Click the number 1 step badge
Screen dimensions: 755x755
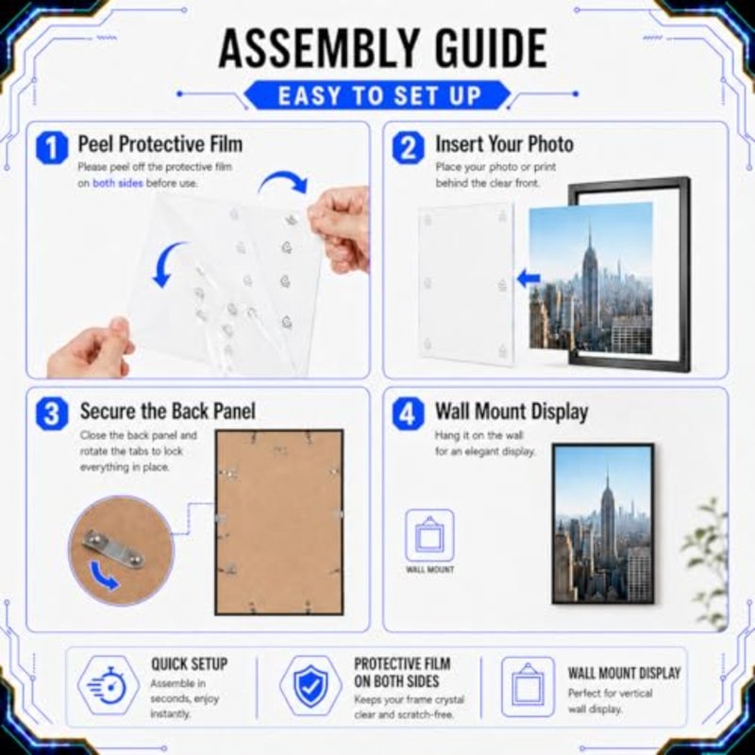coord(52,148)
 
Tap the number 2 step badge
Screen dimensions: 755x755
coord(409,148)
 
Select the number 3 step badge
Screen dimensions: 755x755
coord(52,414)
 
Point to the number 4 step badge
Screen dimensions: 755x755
coord(409,414)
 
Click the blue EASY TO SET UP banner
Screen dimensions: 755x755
coord(378,95)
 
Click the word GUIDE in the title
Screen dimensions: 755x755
coord(490,48)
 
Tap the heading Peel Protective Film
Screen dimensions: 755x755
coord(160,144)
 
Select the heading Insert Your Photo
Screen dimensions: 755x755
coord(504,144)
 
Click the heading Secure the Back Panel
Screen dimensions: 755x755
coord(168,411)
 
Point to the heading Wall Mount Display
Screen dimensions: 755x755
coord(512,411)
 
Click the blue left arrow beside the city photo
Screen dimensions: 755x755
coord(528,278)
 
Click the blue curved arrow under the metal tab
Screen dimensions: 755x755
coord(104,576)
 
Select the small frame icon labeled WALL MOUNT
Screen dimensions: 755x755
coord(429,535)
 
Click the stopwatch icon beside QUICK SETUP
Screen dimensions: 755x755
coord(109,685)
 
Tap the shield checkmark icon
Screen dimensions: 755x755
coord(311,686)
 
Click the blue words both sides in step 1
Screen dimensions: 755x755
coord(117,183)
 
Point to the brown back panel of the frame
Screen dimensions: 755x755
coord(278,522)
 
